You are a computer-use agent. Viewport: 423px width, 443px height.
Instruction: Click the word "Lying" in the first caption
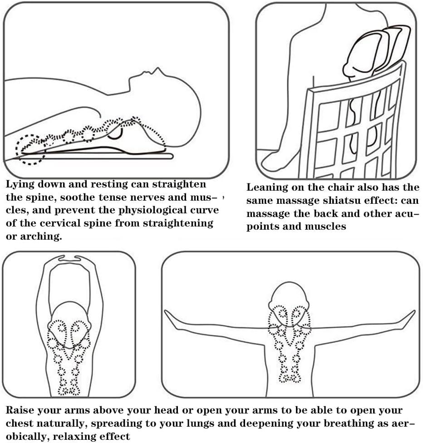(x=20, y=185)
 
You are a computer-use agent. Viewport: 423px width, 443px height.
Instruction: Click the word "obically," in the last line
(x=27, y=437)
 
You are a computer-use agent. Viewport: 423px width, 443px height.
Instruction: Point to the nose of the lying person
(x=157, y=70)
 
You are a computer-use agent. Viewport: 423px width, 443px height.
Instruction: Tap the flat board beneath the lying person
(x=96, y=156)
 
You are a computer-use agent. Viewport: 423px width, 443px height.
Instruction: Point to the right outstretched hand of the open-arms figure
(x=407, y=319)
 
